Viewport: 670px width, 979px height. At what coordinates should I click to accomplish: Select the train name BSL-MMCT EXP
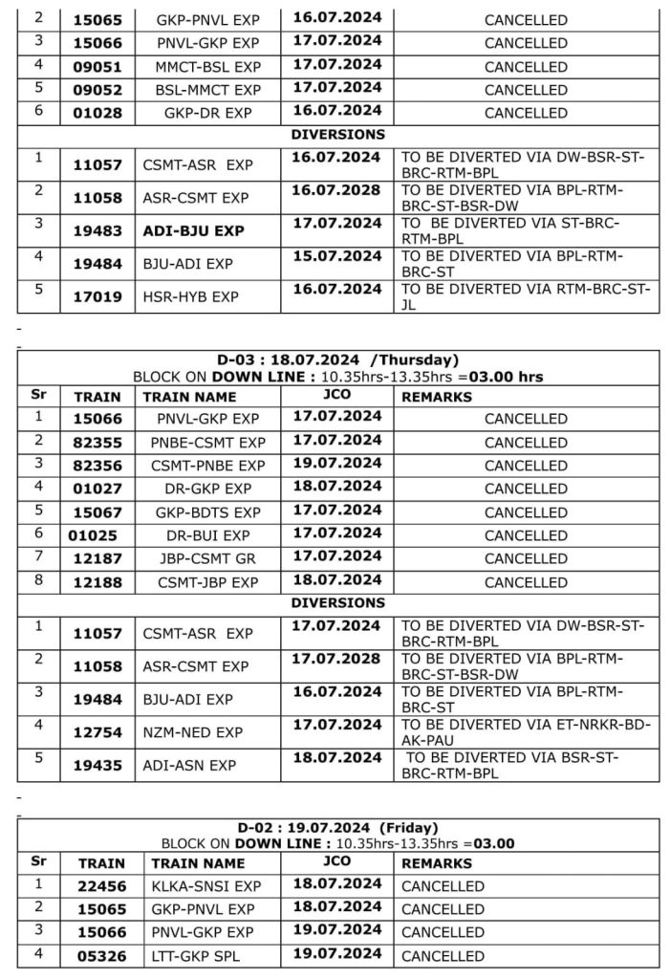[207, 90]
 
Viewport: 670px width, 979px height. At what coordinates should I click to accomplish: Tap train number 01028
[97, 113]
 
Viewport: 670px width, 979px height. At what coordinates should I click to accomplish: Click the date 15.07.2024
[335, 256]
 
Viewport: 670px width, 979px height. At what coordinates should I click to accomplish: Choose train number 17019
[97, 297]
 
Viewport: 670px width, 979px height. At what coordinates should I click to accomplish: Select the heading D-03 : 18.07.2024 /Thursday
[337, 360]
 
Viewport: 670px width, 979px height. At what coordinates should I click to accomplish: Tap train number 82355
[97, 443]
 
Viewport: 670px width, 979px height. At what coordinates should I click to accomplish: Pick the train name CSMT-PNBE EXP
[207, 466]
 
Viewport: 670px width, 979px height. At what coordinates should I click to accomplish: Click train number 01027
[97, 489]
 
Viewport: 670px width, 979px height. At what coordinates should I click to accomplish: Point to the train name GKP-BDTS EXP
[207, 512]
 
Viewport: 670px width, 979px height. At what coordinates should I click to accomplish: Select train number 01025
[94, 535]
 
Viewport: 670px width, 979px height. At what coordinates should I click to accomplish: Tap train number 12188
[97, 582]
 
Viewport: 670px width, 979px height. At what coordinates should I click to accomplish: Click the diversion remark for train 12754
[526, 732]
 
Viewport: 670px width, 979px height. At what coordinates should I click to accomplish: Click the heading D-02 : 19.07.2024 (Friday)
[337, 828]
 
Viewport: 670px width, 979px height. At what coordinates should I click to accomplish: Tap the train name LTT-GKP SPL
[197, 955]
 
